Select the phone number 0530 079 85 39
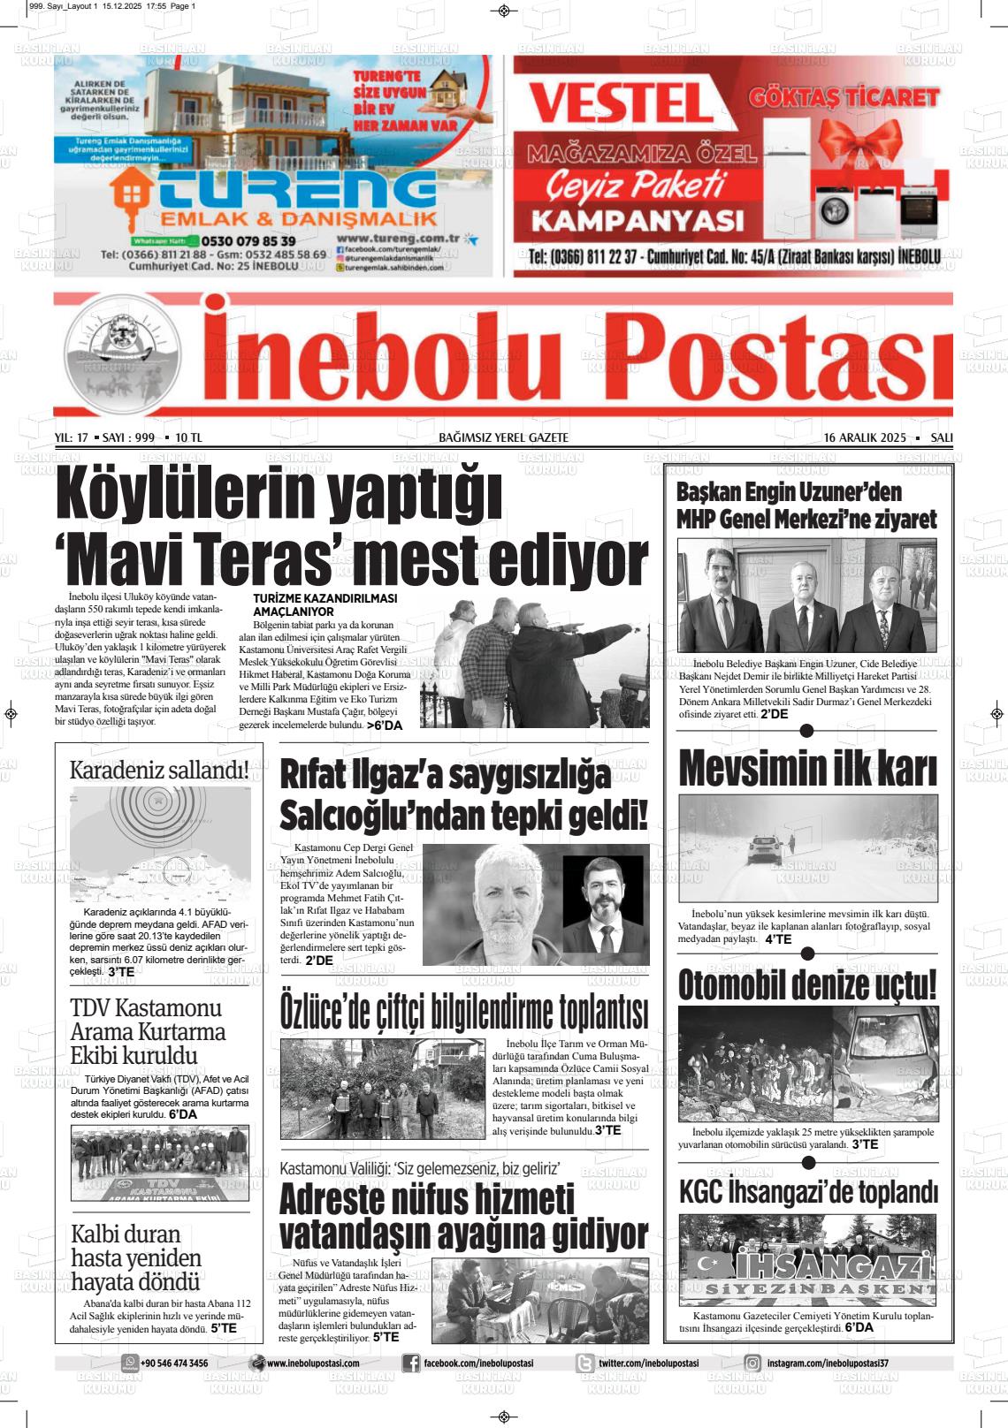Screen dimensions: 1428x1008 pos(248,240)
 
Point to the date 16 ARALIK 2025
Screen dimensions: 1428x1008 pos(865,437)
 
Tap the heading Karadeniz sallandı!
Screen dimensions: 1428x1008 pos(159,770)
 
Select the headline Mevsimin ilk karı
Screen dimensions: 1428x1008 pos(807,770)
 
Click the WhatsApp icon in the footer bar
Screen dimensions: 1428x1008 pos(131,1363)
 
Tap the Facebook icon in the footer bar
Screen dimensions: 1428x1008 pos(411,1363)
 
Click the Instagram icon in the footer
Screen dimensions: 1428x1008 pos(752,1363)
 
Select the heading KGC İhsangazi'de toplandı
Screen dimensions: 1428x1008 pos(807,1192)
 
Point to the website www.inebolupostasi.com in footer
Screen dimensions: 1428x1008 pos(313,1363)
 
